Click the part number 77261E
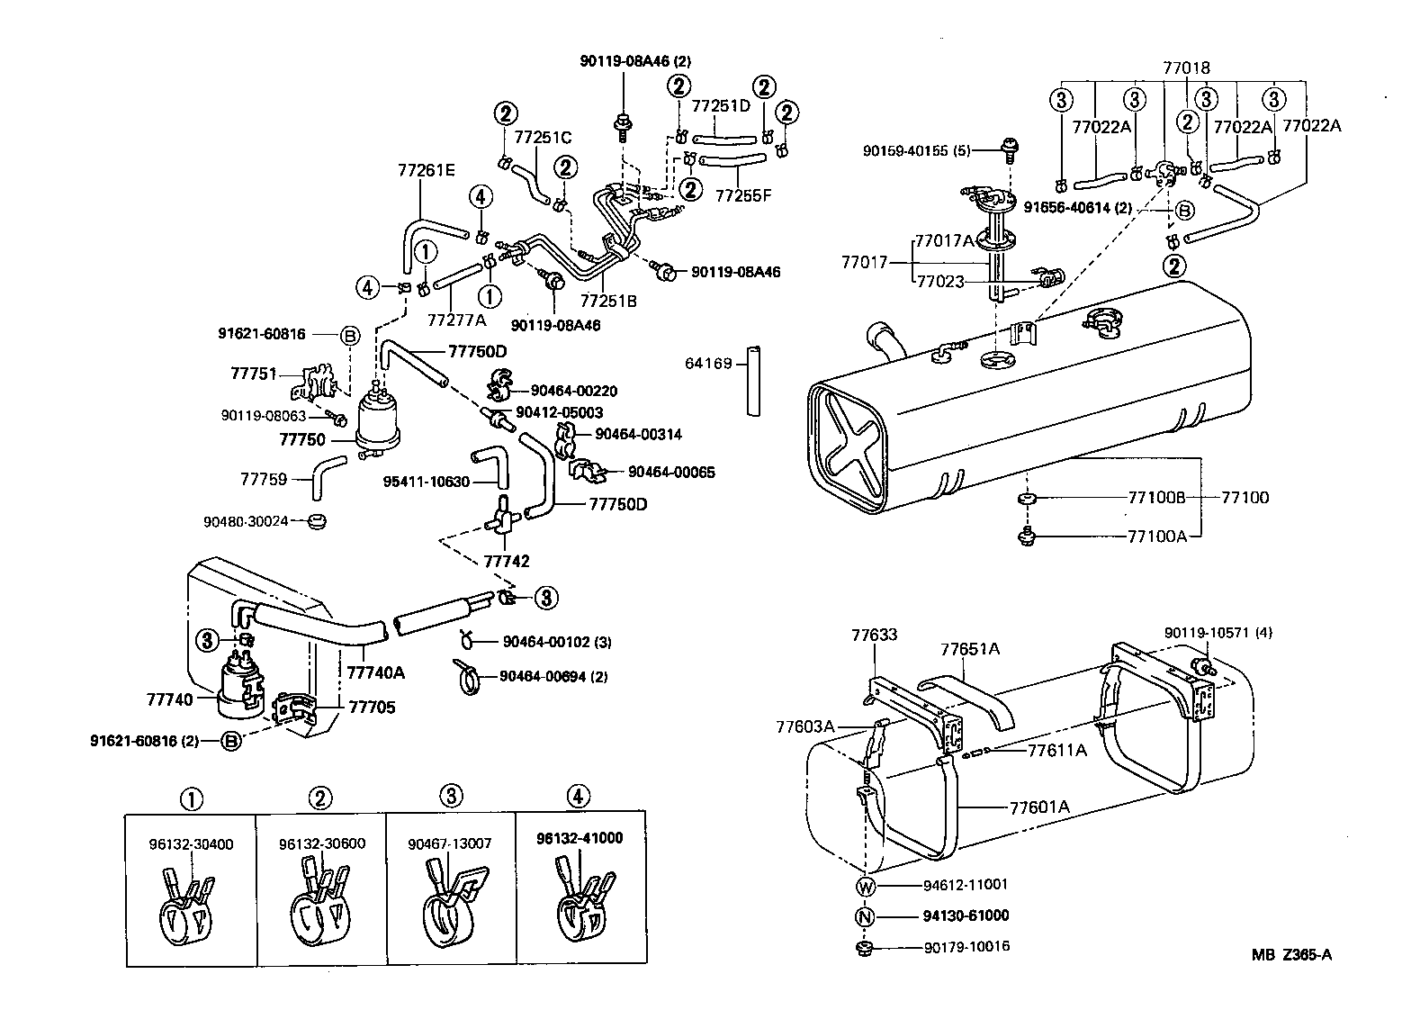click(427, 169)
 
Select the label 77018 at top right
click(1186, 68)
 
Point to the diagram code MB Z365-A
click(1290, 955)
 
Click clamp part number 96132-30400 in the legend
click(191, 844)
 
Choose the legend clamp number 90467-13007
click(450, 844)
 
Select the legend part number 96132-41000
click(580, 838)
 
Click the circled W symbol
click(866, 885)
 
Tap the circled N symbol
click(866, 916)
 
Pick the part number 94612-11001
click(966, 885)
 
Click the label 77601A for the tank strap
click(1039, 807)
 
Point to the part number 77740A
click(376, 672)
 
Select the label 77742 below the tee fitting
click(507, 561)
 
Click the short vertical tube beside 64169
click(752, 379)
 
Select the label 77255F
click(744, 194)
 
